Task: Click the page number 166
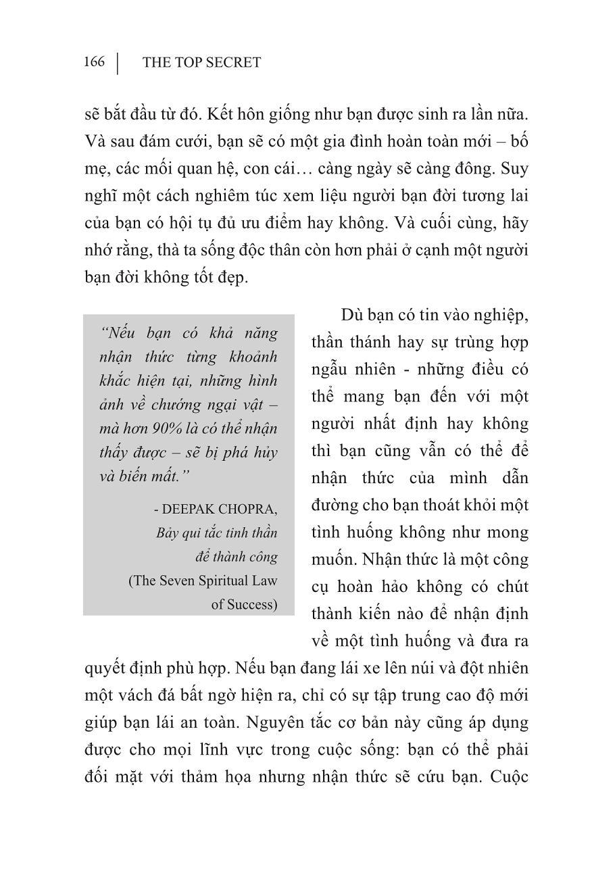[x=94, y=62]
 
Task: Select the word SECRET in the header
[x=232, y=63]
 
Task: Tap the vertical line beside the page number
[x=118, y=63]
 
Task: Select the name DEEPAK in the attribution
[x=201, y=508]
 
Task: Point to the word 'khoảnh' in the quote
[x=245, y=357]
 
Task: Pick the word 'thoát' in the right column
[x=439, y=505]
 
